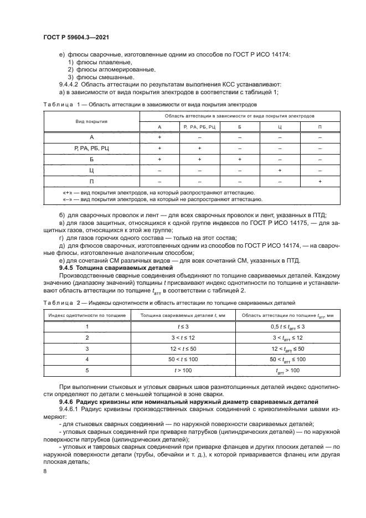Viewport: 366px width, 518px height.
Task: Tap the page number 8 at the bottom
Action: (x=44, y=471)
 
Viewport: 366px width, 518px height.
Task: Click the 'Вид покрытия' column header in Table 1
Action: (x=91, y=121)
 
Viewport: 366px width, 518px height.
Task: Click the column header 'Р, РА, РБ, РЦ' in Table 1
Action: (x=199, y=127)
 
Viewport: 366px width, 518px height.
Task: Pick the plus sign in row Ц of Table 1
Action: (x=280, y=171)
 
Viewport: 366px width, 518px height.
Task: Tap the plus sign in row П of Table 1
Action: (x=319, y=182)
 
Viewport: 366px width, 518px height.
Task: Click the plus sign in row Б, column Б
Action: (x=240, y=160)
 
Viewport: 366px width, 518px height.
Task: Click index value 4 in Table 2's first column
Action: (x=87, y=360)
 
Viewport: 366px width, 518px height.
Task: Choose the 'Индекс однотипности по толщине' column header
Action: (x=87, y=315)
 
